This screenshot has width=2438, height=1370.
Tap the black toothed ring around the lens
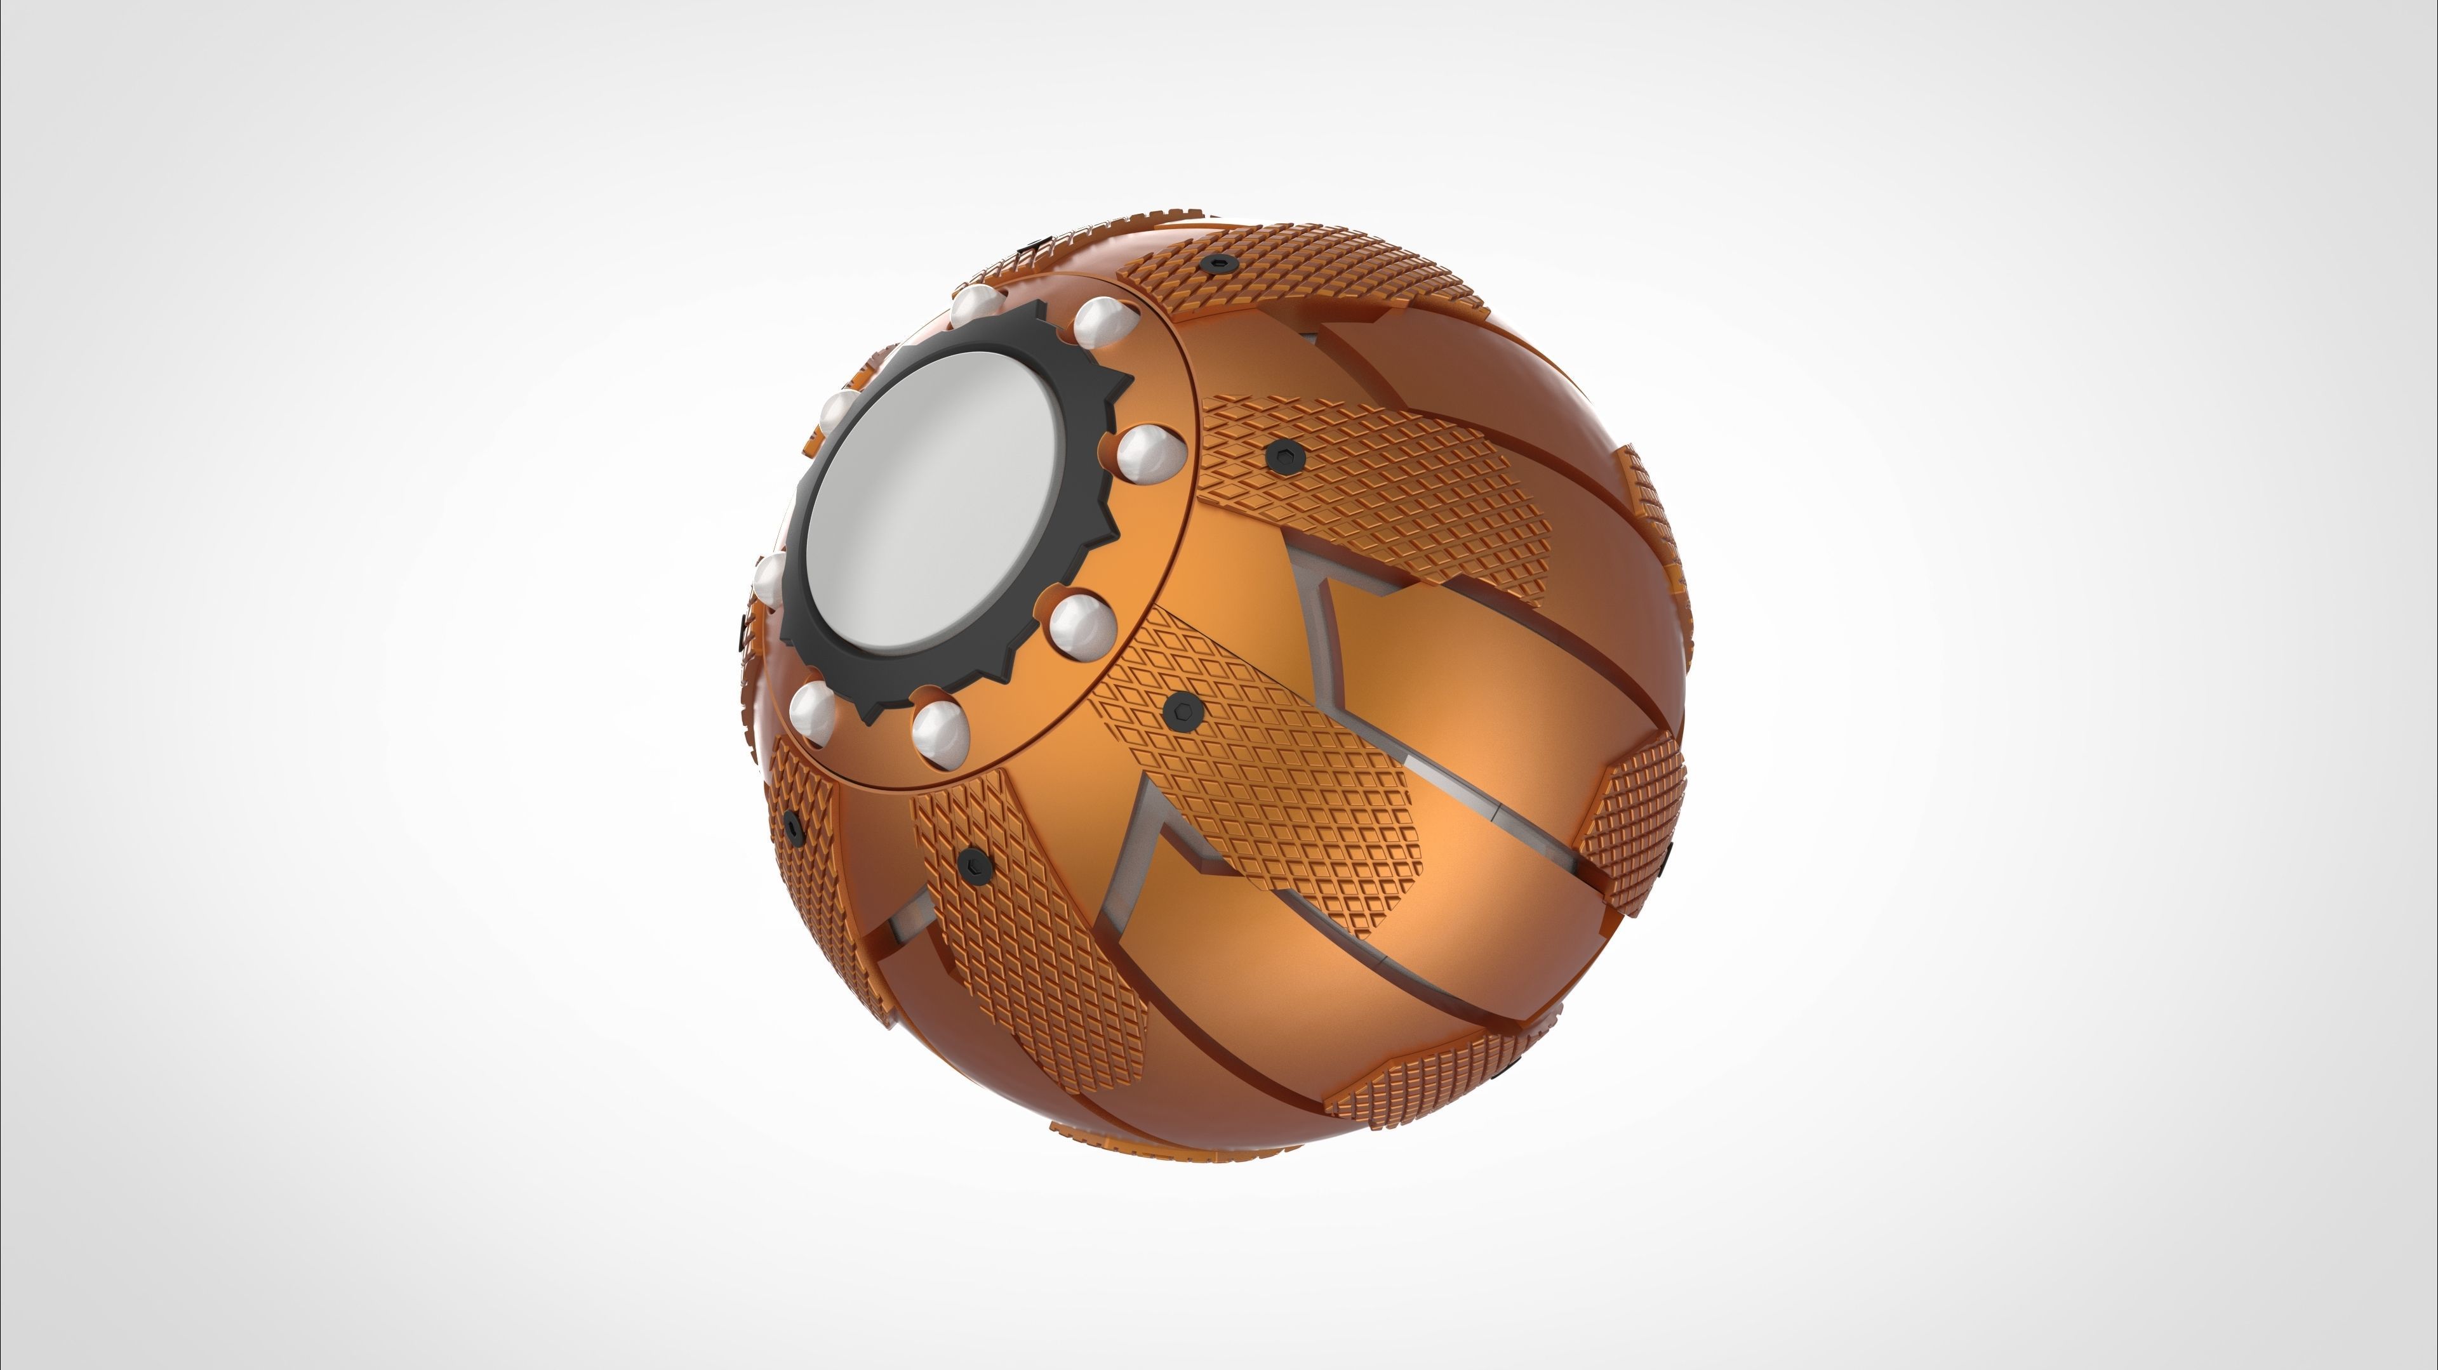coord(1088,397)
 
